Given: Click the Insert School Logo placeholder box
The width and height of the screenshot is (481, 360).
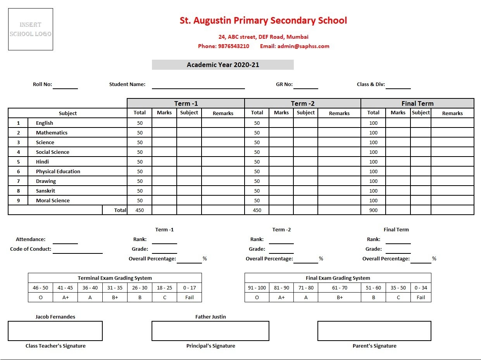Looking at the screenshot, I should (x=31, y=29).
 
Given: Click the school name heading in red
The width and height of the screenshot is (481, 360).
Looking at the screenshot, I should (x=263, y=21).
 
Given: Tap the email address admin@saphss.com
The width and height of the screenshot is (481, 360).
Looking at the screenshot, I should (x=295, y=46).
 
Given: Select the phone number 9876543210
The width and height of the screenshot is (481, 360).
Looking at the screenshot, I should (x=234, y=46).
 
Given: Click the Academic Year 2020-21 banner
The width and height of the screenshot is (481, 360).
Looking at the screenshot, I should (x=223, y=65).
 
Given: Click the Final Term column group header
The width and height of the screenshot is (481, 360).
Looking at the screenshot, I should (x=417, y=103).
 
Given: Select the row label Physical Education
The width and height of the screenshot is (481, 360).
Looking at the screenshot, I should (x=58, y=171).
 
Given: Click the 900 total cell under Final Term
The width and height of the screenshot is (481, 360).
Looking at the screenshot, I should (x=373, y=210).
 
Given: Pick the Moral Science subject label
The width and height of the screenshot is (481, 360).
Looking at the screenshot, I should (x=53, y=200).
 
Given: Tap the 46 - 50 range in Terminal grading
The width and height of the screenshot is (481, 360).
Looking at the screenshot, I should (x=41, y=288).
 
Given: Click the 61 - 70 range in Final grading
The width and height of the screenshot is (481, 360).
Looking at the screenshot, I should (x=340, y=288).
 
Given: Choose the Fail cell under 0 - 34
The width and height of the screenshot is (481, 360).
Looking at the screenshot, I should (x=421, y=298).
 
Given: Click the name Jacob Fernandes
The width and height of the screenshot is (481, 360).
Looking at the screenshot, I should (x=55, y=317).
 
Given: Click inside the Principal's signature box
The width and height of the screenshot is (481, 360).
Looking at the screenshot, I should (x=210, y=331).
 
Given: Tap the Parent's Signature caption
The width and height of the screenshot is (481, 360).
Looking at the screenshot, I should (x=374, y=346).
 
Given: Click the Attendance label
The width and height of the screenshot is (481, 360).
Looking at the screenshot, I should (x=31, y=239).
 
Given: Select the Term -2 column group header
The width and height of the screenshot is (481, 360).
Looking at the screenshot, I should (x=303, y=103).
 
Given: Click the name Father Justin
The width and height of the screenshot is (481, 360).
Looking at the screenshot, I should (x=210, y=317).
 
